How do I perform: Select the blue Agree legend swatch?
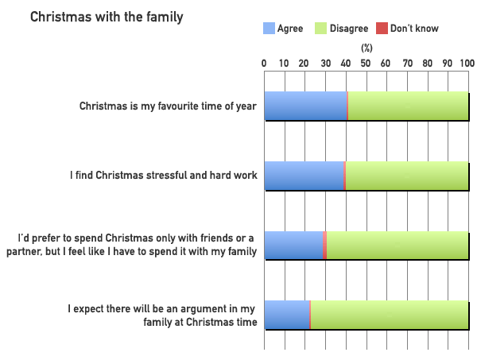coord(269,29)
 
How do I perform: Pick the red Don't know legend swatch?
coord(382,29)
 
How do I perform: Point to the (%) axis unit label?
coord(366,48)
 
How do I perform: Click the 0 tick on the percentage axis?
coord(264,62)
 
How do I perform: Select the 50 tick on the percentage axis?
coord(366,62)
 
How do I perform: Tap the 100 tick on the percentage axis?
coord(467,62)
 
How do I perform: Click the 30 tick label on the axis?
coord(325,62)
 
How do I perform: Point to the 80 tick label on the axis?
coord(428,62)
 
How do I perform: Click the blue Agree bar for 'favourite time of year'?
coord(305,106)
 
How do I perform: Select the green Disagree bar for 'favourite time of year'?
coord(408,106)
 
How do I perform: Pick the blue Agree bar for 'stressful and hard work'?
coord(304,176)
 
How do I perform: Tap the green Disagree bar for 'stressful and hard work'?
coord(407,176)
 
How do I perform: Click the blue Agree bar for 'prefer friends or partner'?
coord(293,246)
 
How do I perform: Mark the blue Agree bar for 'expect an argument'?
coord(286,315)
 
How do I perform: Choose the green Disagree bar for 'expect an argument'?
coord(390,315)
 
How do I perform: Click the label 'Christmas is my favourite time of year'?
coord(169,106)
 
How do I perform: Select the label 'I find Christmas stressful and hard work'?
coord(163,176)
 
